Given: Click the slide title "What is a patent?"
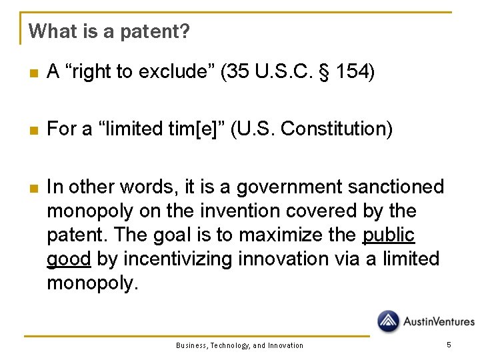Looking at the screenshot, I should (x=109, y=31).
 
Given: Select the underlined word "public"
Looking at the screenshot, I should (x=389, y=235).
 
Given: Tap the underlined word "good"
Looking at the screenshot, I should (x=69, y=259).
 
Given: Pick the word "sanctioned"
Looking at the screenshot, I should (x=399, y=187).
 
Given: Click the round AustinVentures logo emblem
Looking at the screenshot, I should (x=388, y=321).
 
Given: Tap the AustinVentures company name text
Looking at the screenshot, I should (x=439, y=322).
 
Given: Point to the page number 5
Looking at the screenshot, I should (x=449, y=345).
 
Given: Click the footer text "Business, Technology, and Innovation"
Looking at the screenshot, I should (x=239, y=345).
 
